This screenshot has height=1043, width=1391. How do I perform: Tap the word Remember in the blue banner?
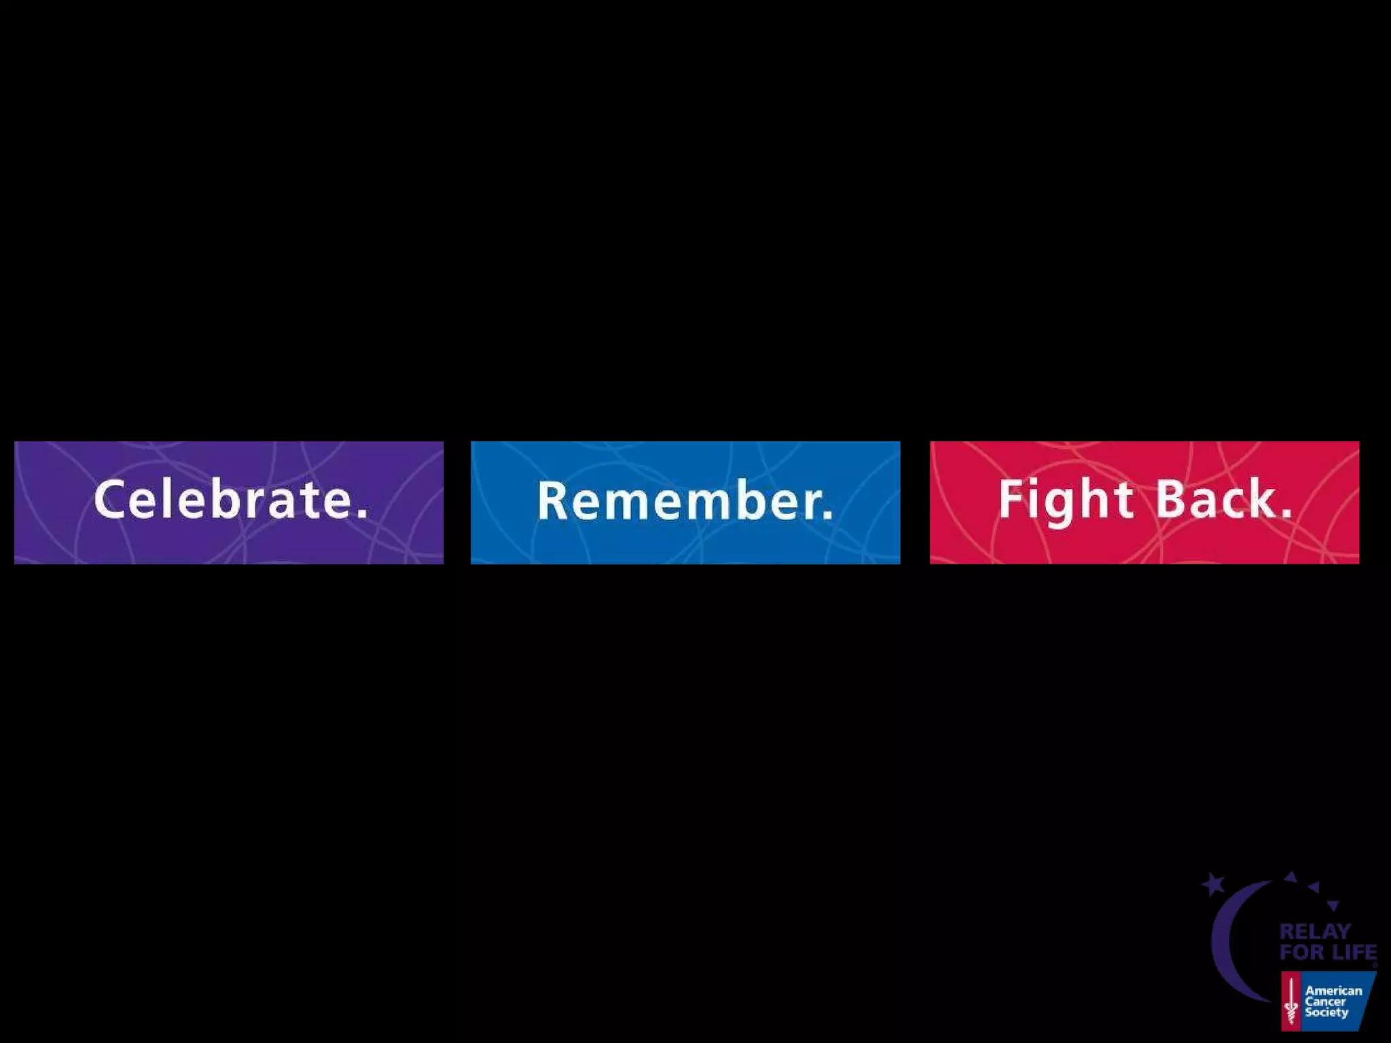click(676, 501)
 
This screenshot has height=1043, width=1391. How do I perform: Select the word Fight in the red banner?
click(1066, 500)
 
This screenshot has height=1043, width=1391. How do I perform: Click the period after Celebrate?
click(361, 514)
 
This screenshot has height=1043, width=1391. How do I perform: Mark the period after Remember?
click(827, 515)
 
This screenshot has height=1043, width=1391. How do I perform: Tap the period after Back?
click(1286, 514)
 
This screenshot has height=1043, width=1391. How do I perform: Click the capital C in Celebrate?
click(110, 499)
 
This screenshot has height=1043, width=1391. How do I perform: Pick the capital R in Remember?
click(552, 500)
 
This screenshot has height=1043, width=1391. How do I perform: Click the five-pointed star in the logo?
click(1213, 884)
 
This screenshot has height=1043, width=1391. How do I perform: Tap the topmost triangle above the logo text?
click(1290, 877)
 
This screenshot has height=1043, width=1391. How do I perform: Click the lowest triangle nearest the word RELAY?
click(1333, 905)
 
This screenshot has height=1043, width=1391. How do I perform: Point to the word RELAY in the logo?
click(1315, 932)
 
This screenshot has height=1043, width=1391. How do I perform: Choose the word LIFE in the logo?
click(1353, 952)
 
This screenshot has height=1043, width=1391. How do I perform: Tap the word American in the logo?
click(1333, 991)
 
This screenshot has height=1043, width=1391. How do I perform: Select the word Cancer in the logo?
click(1325, 1002)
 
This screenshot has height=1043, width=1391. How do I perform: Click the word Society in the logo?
click(1326, 1012)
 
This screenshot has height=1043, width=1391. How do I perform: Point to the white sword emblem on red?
click(1290, 1001)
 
